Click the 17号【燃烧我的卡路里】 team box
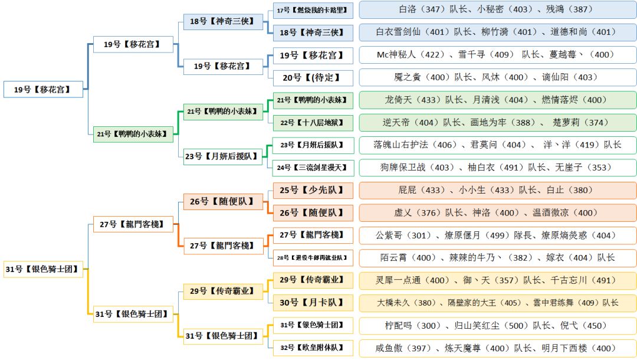313,10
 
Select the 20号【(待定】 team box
313,77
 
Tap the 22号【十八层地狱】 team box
313,123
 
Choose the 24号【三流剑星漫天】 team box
313,168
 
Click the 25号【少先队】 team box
313,190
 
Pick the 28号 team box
313,257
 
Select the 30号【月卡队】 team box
313,302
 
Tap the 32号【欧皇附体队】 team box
313,348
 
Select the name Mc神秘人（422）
408,55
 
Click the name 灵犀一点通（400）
412,280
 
